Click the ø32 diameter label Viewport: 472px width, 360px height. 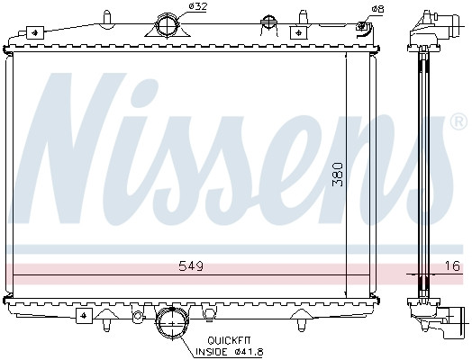coord(198,6)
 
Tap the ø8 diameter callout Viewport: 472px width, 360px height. coord(377,9)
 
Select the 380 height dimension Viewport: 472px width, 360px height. coord(338,175)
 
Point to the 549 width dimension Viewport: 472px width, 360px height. coord(191,265)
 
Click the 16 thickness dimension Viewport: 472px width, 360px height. coord(452,265)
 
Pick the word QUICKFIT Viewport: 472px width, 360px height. coord(229,340)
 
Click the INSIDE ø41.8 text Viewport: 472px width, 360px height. coord(230,351)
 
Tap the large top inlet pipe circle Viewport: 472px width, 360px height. coord(167,24)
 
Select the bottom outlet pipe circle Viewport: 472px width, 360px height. coord(171,323)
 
